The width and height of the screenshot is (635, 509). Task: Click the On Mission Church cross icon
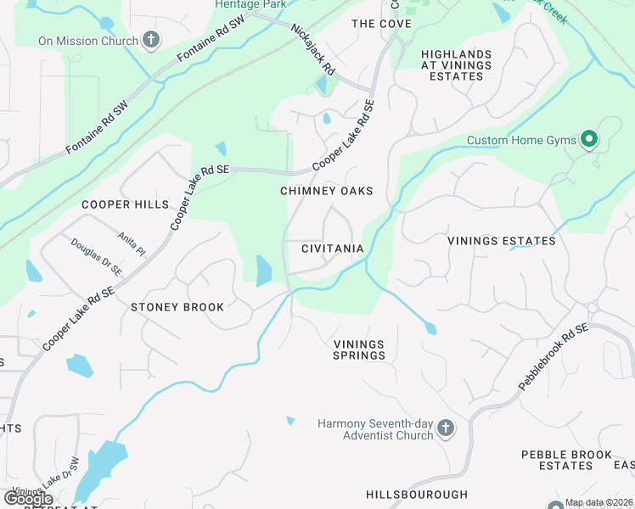[x=151, y=40]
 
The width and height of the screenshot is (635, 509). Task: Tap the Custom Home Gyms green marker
[x=587, y=140]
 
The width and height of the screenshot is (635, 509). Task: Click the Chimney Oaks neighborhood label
[x=327, y=191]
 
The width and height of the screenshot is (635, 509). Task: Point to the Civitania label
[x=333, y=249]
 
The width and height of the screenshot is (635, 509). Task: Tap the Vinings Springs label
[x=358, y=350]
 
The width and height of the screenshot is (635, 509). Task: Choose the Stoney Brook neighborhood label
[x=177, y=307]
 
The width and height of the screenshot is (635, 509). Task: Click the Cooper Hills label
[x=125, y=204]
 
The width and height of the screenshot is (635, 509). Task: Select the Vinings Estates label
[x=502, y=241]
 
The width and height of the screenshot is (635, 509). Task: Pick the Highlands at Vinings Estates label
[x=452, y=64]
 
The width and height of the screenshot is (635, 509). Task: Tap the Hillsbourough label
[x=417, y=494]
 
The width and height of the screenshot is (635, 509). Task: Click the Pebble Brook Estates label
[x=567, y=461]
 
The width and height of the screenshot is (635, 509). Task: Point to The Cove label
[x=382, y=24]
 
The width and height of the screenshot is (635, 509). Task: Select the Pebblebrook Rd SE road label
[x=554, y=357]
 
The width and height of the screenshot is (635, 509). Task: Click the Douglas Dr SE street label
[x=97, y=257]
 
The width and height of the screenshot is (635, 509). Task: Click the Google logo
[x=28, y=499]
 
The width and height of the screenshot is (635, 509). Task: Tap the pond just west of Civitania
[x=263, y=271]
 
